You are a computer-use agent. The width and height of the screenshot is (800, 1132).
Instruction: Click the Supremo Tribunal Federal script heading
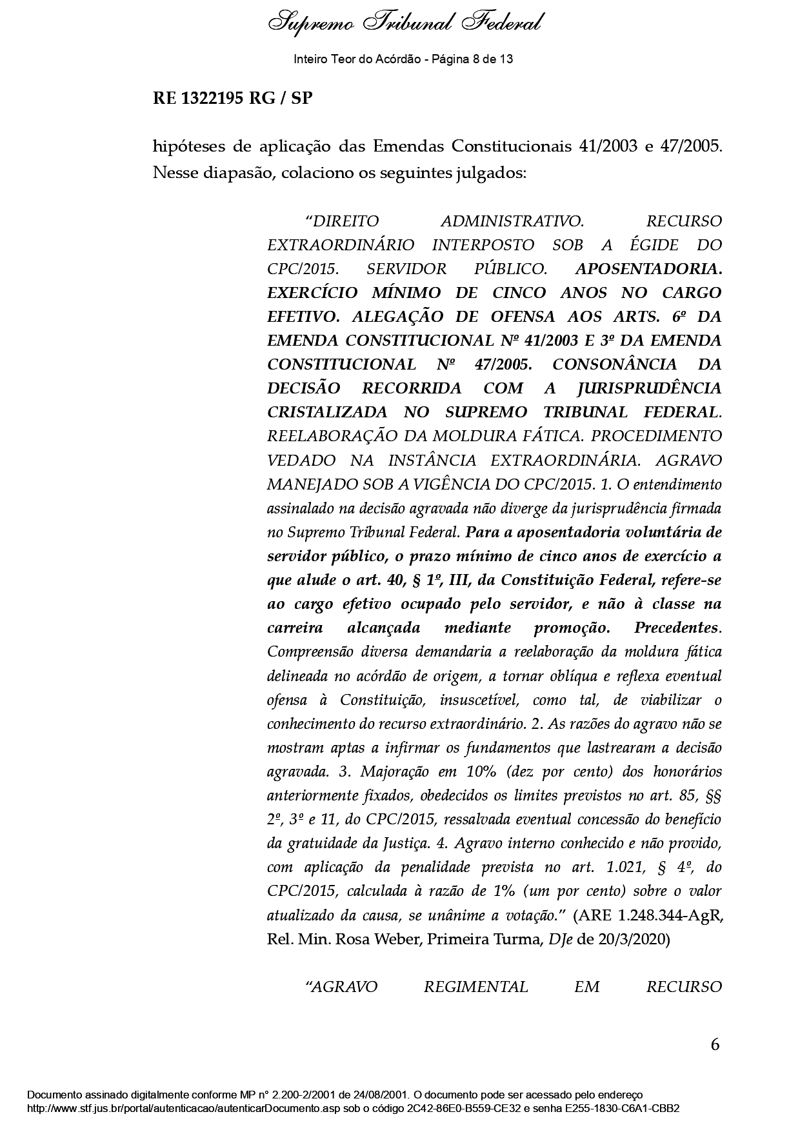tap(404, 24)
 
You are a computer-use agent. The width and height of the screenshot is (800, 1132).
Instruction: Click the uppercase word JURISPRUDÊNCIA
tap(646, 388)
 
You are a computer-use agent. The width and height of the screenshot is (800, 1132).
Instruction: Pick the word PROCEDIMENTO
tap(656, 436)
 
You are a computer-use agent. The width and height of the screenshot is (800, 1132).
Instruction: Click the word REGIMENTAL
tap(476, 987)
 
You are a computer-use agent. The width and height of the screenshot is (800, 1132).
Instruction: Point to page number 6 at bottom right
tap(715, 1045)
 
